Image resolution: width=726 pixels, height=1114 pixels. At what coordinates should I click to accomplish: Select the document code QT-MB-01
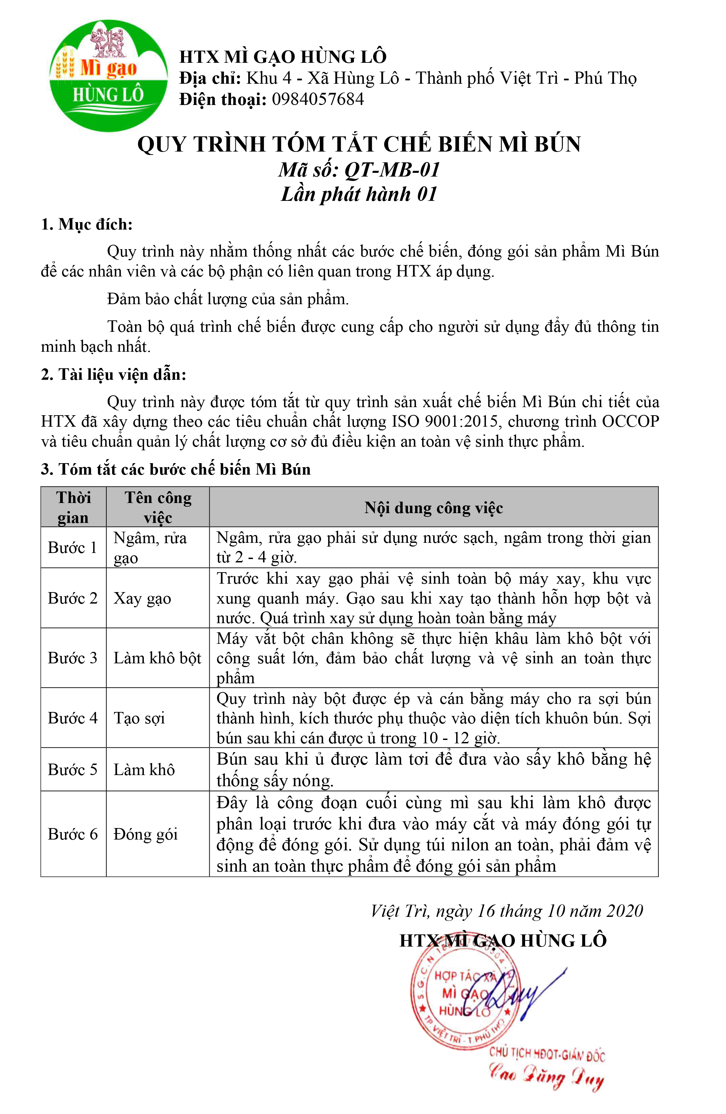coord(392,169)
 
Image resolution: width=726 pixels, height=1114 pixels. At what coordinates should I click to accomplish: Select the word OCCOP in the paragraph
coord(630,422)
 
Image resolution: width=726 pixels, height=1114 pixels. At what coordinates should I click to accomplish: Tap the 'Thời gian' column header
coord(74,507)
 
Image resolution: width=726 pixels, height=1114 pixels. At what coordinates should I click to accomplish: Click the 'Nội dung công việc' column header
coord(434,508)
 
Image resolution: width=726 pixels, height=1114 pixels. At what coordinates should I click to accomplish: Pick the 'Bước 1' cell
coord(73,547)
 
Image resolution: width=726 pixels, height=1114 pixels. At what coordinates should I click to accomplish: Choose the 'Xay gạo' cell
coord(142,598)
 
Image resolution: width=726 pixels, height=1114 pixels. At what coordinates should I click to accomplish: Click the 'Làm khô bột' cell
coord(157,658)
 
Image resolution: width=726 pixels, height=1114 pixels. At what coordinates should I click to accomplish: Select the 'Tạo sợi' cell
coord(139,718)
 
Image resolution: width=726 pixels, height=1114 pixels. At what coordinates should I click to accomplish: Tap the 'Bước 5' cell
coord(73,769)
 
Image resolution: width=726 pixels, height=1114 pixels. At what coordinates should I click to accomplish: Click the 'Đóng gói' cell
coord(146,834)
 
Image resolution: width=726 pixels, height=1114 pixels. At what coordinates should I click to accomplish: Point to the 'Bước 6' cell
coord(73,834)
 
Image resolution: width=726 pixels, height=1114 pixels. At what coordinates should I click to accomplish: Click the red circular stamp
coord(463,999)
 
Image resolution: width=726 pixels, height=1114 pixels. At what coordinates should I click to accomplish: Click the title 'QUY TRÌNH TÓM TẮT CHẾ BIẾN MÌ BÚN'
coord(359,144)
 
